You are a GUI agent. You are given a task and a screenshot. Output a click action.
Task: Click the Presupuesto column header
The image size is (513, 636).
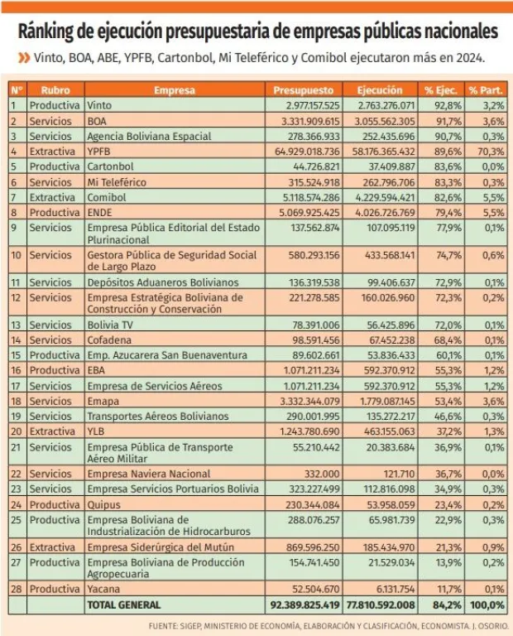tap(304, 89)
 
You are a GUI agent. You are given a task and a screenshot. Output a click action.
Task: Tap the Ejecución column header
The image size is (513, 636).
tap(380, 89)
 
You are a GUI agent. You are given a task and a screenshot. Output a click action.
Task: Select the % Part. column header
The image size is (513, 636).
tap(486, 89)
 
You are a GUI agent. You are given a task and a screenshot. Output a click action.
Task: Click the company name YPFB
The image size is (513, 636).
tap(98, 152)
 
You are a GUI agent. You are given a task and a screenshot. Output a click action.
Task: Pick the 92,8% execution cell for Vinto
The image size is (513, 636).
tap(443, 105)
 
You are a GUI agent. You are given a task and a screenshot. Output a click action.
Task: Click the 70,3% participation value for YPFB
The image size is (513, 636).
tap(491, 152)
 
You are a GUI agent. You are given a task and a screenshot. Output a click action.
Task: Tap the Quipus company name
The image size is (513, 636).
tap(103, 504)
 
